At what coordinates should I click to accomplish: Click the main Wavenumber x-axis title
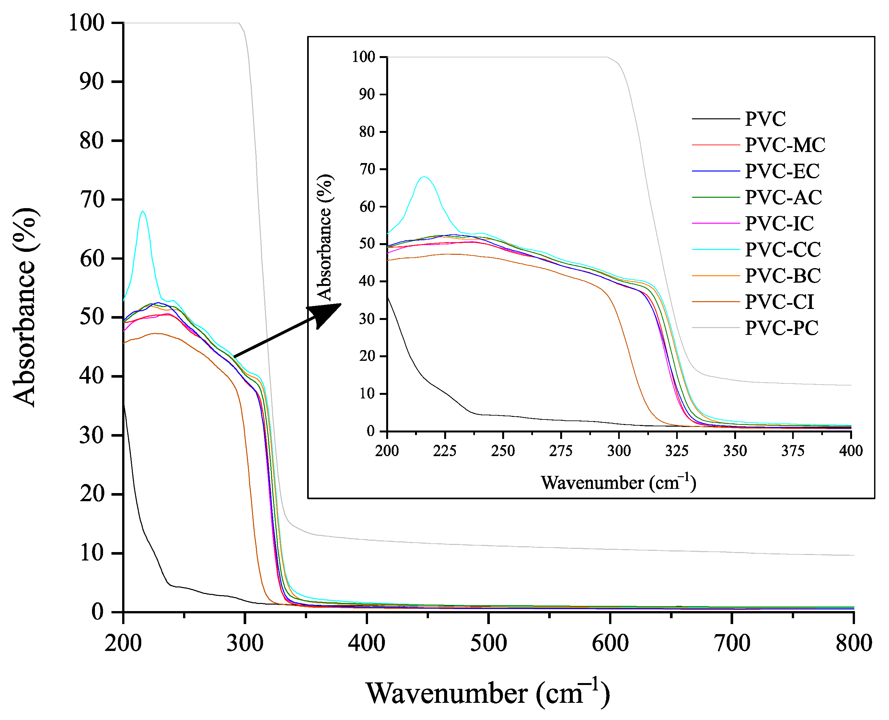(x=488, y=693)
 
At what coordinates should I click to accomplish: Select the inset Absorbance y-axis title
(x=325, y=237)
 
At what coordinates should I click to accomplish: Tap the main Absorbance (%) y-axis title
(x=25, y=307)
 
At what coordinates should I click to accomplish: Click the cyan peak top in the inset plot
(x=423, y=177)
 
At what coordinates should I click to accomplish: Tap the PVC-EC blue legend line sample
(x=716, y=171)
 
